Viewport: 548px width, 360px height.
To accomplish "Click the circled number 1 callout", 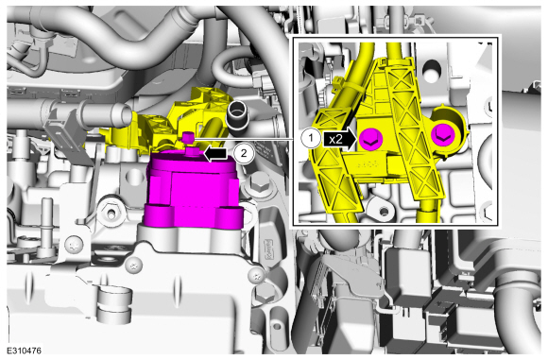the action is click(x=310, y=138).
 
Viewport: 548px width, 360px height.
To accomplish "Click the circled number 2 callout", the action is click(x=245, y=153).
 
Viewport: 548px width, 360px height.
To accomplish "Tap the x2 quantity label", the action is click(x=335, y=139).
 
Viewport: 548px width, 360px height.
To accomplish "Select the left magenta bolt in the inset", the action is click(x=371, y=139).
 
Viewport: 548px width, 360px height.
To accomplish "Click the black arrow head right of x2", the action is click(x=352, y=139).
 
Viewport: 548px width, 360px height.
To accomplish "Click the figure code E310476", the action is click(x=24, y=351).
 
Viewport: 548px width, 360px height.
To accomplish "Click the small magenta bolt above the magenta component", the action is click(x=188, y=136).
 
